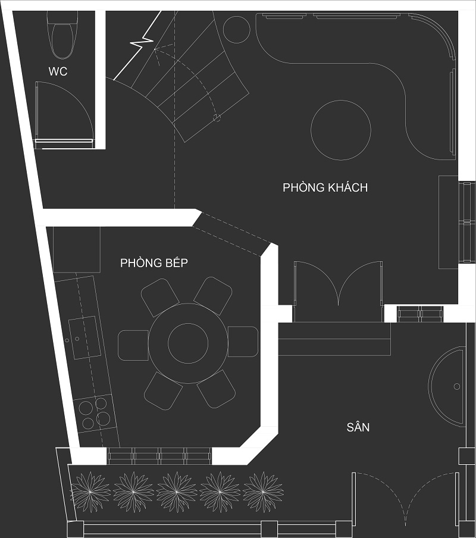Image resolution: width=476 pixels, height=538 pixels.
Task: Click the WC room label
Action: pos(58,71)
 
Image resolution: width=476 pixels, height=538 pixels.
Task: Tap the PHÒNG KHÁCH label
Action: pos(325,187)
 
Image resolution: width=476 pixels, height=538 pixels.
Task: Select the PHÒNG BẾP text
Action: pos(154,263)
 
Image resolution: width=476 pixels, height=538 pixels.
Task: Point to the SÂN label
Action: pos(358,427)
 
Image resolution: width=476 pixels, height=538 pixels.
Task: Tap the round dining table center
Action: pos(188,343)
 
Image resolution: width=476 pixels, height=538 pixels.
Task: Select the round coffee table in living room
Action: pos(341,130)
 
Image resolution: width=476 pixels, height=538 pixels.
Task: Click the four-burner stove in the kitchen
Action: pos(94,413)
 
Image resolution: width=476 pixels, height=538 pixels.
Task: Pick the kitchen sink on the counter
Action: pos(84,337)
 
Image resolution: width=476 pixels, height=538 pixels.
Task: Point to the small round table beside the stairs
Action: pos(236,30)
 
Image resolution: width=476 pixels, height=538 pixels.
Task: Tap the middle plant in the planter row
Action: pos(177,492)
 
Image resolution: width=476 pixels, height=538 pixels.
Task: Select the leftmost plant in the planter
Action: pos(90,492)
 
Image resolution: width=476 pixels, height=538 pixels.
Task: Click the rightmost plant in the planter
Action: pos(263,492)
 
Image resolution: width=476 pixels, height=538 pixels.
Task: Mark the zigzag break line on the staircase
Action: pos(139,44)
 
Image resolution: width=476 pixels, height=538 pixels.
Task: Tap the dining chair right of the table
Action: pos(243,342)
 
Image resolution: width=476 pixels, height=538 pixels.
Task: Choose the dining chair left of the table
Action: pos(133,345)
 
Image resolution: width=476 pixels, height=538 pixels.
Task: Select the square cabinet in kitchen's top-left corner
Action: pos(77,249)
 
